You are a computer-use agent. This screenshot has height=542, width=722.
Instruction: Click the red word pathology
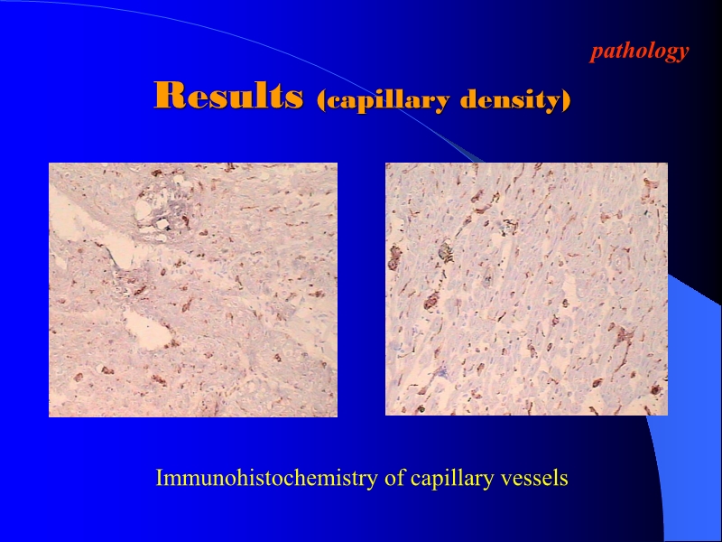[639, 51]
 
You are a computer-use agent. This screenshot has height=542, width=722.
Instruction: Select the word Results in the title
[227, 96]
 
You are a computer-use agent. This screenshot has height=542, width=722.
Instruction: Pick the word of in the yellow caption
[395, 478]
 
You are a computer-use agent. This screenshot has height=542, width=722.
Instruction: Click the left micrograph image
[192, 289]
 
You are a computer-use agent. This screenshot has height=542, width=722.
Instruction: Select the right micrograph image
[526, 289]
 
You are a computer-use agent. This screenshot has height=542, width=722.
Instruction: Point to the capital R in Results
[167, 96]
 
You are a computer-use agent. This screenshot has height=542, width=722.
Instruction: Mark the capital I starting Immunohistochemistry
[160, 478]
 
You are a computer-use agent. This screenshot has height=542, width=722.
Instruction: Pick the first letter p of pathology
[596, 52]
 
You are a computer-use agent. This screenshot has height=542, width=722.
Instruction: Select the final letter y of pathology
[683, 52]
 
